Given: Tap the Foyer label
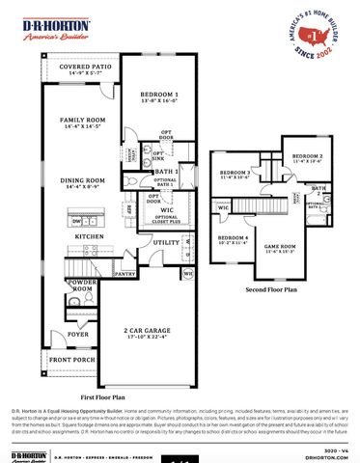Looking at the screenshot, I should [77, 336].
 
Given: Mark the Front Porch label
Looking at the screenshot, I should [73, 360].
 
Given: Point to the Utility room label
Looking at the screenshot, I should [166, 242].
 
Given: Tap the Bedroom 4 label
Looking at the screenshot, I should [233, 239].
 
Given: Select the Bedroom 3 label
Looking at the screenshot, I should [235, 174].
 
